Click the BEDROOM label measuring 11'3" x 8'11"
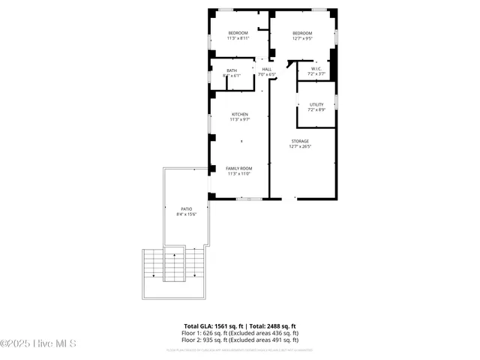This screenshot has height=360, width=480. pos(238,33)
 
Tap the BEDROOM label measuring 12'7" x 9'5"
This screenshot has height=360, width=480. pos(302,33)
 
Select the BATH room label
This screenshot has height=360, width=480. pos(232,70)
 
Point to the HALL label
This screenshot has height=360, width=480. pos(267,70)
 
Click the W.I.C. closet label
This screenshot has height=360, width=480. pos(316,69)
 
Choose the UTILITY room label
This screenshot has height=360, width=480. pos(316,105)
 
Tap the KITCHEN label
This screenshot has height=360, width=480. pos(240,115)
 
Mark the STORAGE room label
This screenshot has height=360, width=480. pos(300,141)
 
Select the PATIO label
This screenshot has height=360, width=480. pos(187,209)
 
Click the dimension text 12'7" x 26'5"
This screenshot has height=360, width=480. pos(300,147)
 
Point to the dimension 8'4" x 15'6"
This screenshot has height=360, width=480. pos(187,215)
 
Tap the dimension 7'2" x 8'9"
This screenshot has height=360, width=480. pos(316,110)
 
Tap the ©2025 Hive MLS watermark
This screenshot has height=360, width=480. pos(38,344)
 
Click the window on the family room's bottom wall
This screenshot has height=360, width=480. pos(249,199)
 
